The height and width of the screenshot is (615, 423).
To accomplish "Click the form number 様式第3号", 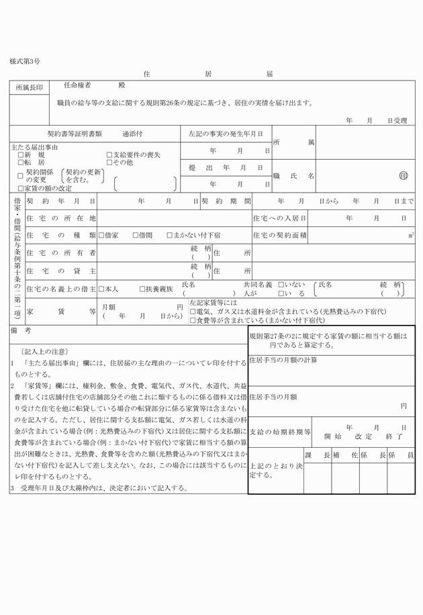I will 24,61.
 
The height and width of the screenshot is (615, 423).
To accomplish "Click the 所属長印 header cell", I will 29,88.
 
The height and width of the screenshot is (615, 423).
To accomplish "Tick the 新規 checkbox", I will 21,155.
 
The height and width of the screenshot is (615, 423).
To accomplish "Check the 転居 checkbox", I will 21,162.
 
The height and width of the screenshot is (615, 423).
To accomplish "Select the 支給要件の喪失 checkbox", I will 109,155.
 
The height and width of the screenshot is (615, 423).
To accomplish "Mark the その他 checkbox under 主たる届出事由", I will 109,162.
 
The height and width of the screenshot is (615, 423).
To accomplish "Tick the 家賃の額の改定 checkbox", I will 21,189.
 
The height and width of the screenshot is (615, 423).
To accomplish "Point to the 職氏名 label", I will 293,175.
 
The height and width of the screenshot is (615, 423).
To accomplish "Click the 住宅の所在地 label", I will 60,218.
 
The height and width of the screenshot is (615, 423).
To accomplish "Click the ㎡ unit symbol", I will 411,235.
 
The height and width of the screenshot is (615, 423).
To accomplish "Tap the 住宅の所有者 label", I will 60,252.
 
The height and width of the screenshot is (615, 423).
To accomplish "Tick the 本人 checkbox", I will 101,289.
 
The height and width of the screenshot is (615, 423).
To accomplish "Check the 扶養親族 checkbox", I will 142,289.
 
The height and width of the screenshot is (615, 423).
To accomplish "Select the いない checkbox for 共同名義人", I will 281,285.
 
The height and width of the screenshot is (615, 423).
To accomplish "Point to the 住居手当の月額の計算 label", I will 283,361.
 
